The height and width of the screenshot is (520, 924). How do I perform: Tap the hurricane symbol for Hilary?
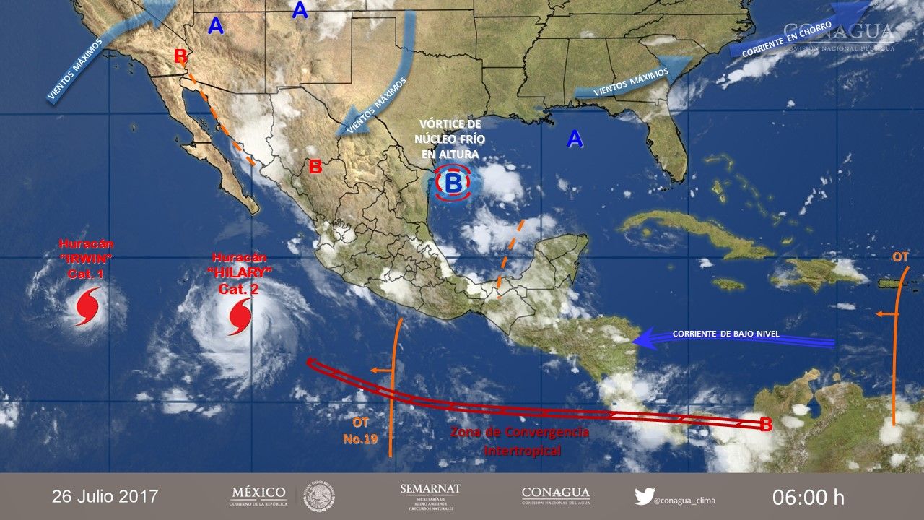click(x=240, y=317)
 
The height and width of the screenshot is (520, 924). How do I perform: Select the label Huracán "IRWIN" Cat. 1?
click(x=86, y=259)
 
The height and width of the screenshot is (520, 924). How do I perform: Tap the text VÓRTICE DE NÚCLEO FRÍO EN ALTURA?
click(x=449, y=139)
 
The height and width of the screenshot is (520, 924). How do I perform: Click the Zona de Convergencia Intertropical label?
click(x=520, y=441)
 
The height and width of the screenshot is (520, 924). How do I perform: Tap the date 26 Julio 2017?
click(x=105, y=496)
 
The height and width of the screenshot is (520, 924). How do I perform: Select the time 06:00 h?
click(x=808, y=497)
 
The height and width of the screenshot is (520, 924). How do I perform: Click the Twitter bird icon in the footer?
click(x=643, y=496)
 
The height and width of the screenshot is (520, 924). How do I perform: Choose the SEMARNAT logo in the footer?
click(x=430, y=495)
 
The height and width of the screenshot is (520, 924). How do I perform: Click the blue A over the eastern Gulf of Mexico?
click(x=575, y=139)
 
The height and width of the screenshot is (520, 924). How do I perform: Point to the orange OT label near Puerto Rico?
click(x=900, y=257)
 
